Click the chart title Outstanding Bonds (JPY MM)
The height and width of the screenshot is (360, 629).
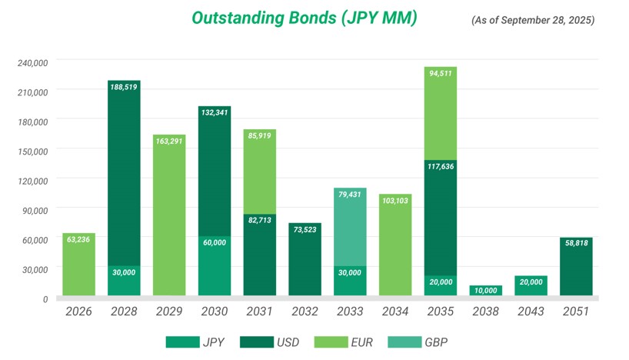click(304, 18)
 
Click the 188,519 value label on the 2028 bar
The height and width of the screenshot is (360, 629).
click(124, 88)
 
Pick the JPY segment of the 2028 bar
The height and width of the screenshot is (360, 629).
click(124, 281)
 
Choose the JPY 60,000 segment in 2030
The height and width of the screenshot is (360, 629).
click(215, 265)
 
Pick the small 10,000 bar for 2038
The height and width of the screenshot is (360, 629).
click(486, 290)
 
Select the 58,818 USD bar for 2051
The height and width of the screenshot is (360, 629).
click(576, 266)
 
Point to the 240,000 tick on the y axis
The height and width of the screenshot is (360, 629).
click(32, 62)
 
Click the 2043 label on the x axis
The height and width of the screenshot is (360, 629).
click(531, 312)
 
